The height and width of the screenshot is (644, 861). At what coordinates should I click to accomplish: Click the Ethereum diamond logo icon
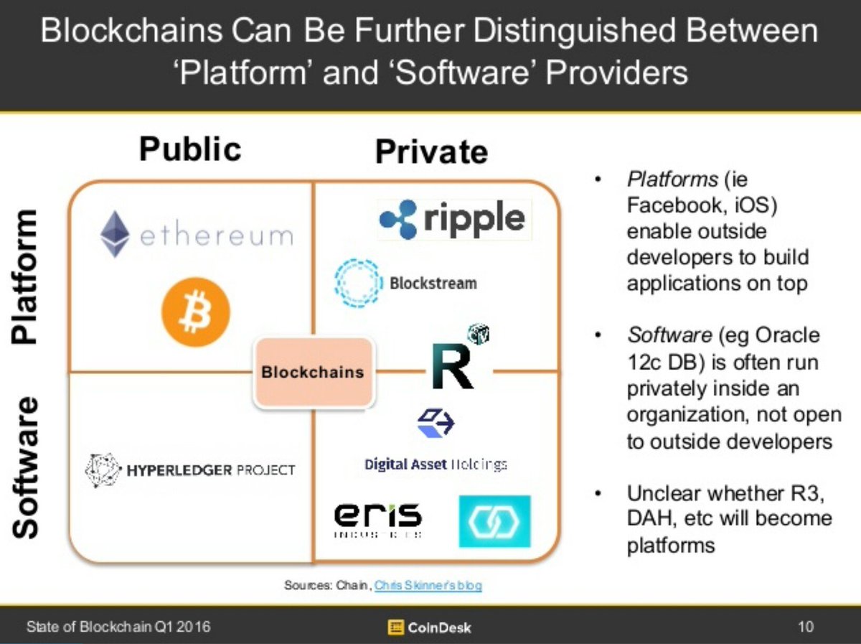click(115, 235)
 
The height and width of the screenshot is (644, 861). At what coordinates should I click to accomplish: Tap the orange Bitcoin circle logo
click(195, 312)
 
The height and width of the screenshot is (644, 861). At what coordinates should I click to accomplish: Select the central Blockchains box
click(313, 372)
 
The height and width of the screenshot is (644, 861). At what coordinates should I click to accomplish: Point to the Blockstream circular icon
click(357, 283)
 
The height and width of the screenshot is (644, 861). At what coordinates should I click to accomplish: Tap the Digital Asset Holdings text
click(436, 464)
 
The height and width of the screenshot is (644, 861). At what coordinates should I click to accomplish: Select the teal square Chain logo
click(494, 521)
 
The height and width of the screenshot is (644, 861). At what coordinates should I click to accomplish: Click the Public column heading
click(190, 149)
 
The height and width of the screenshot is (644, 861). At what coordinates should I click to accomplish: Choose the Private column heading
click(431, 151)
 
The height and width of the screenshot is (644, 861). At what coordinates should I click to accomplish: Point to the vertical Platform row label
click(25, 276)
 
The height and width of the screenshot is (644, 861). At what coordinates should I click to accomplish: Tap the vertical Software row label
click(25, 467)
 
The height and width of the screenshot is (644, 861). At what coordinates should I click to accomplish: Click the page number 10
click(806, 627)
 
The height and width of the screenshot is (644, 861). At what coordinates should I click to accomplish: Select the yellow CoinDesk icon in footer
click(395, 627)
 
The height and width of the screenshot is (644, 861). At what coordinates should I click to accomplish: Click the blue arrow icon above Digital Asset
click(436, 422)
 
